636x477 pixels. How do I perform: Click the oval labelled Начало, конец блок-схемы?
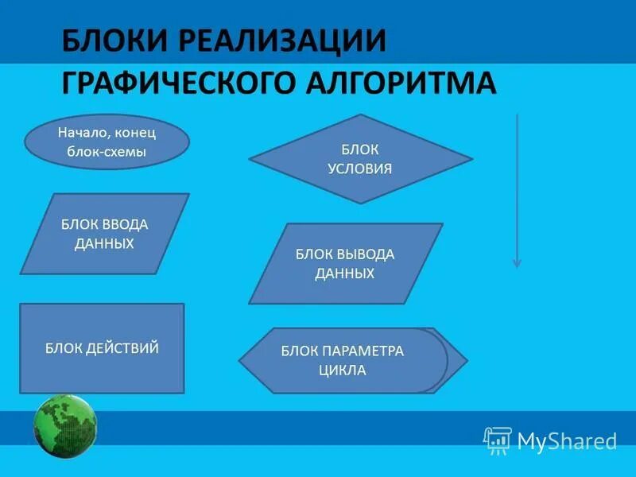[107, 142]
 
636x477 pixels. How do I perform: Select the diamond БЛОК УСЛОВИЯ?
[360, 159]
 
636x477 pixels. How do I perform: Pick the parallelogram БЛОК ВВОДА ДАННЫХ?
[104, 234]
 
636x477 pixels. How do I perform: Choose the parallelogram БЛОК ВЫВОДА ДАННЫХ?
[345, 263]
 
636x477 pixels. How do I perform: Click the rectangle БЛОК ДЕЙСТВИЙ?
[102, 348]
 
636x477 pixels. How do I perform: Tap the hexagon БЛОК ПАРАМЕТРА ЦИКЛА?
[353, 360]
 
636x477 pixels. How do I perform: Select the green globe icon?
[65, 426]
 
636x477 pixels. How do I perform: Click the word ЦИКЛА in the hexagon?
[342, 370]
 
